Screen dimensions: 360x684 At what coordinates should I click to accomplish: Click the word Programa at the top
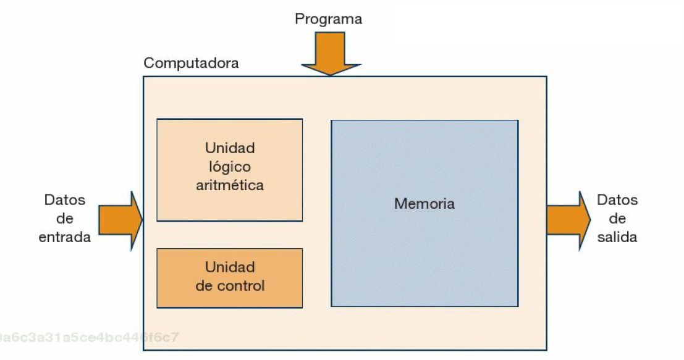click(x=328, y=19)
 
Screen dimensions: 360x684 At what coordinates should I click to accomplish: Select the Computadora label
click(x=191, y=63)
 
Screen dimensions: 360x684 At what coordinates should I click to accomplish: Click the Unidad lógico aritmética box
click(x=229, y=170)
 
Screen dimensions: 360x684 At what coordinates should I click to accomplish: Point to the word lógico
click(x=230, y=167)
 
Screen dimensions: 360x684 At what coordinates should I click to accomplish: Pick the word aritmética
click(x=230, y=185)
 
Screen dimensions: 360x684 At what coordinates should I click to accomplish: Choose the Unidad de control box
click(x=229, y=278)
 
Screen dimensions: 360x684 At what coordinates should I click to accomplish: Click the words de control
click(x=230, y=286)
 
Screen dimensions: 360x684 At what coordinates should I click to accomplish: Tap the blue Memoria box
click(x=424, y=247)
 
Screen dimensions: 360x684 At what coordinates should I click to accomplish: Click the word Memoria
click(x=424, y=204)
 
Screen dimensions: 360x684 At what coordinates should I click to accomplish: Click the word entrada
click(x=65, y=237)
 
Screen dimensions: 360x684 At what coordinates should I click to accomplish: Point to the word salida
click(x=617, y=237)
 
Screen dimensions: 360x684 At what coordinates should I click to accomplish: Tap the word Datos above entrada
click(x=65, y=200)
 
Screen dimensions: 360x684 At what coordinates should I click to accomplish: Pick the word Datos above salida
click(x=617, y=200)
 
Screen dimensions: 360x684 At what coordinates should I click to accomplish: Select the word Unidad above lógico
click(x=230, y=148)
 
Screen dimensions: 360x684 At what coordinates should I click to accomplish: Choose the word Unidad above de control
click(x=230, y=267)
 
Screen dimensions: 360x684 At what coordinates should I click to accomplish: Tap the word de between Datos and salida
click(x=617, y=219)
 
